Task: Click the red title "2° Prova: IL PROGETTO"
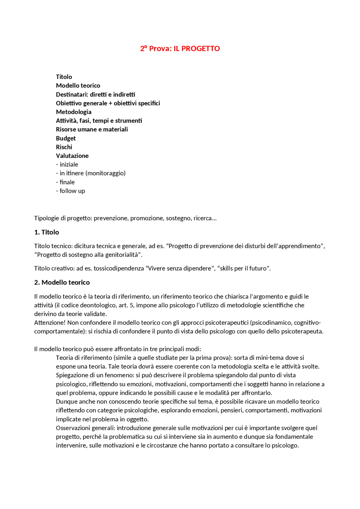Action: (x=180, y=49)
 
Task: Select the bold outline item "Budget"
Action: (x=66, y=138)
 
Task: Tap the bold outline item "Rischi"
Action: (x=64, y=147)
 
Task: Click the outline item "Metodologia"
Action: (x=74, y=112)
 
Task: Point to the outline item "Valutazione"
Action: (x=72, y=156)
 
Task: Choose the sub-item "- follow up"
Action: (x=71, y=191)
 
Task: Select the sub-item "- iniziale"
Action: (x=67, y=164)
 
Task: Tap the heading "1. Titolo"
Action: (x=47, y=232)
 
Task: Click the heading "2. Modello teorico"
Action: (x=62, y=282)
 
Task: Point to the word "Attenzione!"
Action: (x=50, y=323)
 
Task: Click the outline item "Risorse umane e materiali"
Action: (x=92, y=129)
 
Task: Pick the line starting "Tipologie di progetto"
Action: (x=125, y=218)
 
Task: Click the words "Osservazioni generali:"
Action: (x=85, y=428)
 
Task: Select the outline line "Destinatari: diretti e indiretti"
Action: (x=96, y=94)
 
